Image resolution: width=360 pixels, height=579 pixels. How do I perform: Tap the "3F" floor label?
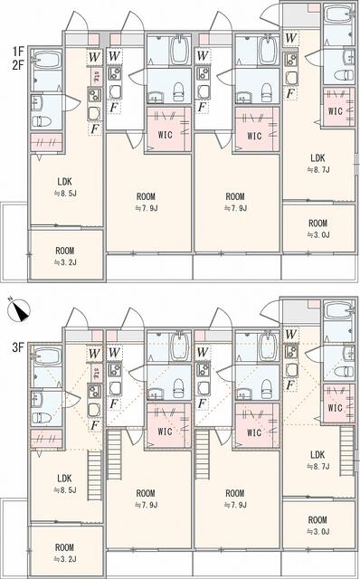coord(18,346)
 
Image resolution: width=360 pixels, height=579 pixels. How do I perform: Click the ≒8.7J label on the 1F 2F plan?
coord(317,168)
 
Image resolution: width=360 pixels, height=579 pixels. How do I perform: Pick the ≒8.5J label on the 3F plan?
coord(64,490)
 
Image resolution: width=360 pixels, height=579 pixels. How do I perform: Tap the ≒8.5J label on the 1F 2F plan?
coord(64,193)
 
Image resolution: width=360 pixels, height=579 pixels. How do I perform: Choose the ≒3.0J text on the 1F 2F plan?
coord(317,237)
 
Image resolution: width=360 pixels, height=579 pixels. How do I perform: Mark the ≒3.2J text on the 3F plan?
coord(64,561)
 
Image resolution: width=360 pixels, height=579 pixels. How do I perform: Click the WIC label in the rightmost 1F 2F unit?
coord(336,111)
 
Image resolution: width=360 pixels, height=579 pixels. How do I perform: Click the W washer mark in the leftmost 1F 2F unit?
coord(94,57)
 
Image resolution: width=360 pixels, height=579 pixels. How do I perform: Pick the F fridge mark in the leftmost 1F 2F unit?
coord(94,128)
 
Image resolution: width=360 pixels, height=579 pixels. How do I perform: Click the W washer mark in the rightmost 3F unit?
coord(290,335)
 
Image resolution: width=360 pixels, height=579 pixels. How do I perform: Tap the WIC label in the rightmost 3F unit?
coord(336,408)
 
